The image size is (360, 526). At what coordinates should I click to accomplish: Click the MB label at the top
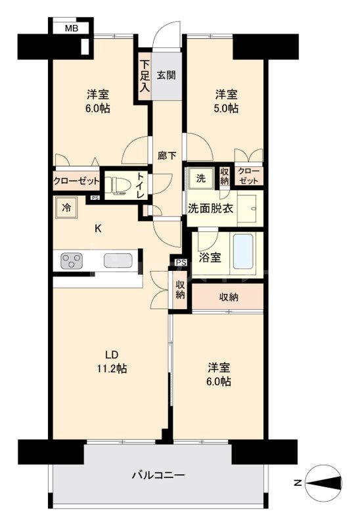tap(70, 29)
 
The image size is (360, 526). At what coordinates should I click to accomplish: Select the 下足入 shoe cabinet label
tap(144, 76)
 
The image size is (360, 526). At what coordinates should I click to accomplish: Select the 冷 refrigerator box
tap(66, 208)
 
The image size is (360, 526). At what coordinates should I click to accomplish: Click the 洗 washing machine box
tap(199, 178)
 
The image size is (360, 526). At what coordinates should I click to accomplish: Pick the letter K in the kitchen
tap(98, 229)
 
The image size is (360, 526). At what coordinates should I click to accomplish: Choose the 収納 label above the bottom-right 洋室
tap(228, 297)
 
